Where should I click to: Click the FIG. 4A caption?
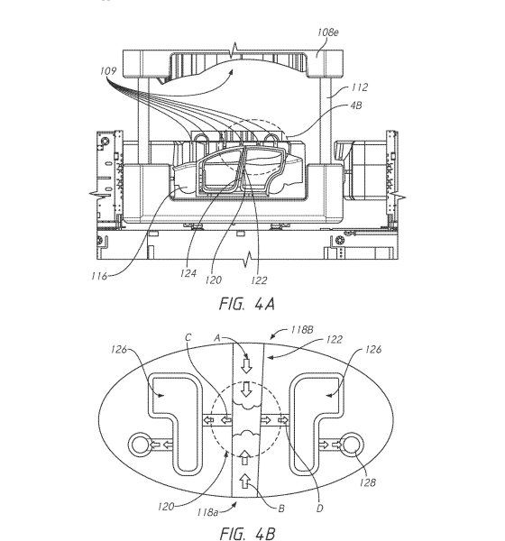coord(247,304)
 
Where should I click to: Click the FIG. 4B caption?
coord(247,533)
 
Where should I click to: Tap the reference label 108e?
coord(328,32)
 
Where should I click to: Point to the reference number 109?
coord(108,70)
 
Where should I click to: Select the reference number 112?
coord(359,87)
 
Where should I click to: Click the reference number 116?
coord(99,276)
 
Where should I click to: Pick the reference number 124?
coord(188,273)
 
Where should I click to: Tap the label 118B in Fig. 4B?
coord(302,329)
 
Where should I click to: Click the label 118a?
coord(207,512)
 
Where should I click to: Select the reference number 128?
coord(367,482)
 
